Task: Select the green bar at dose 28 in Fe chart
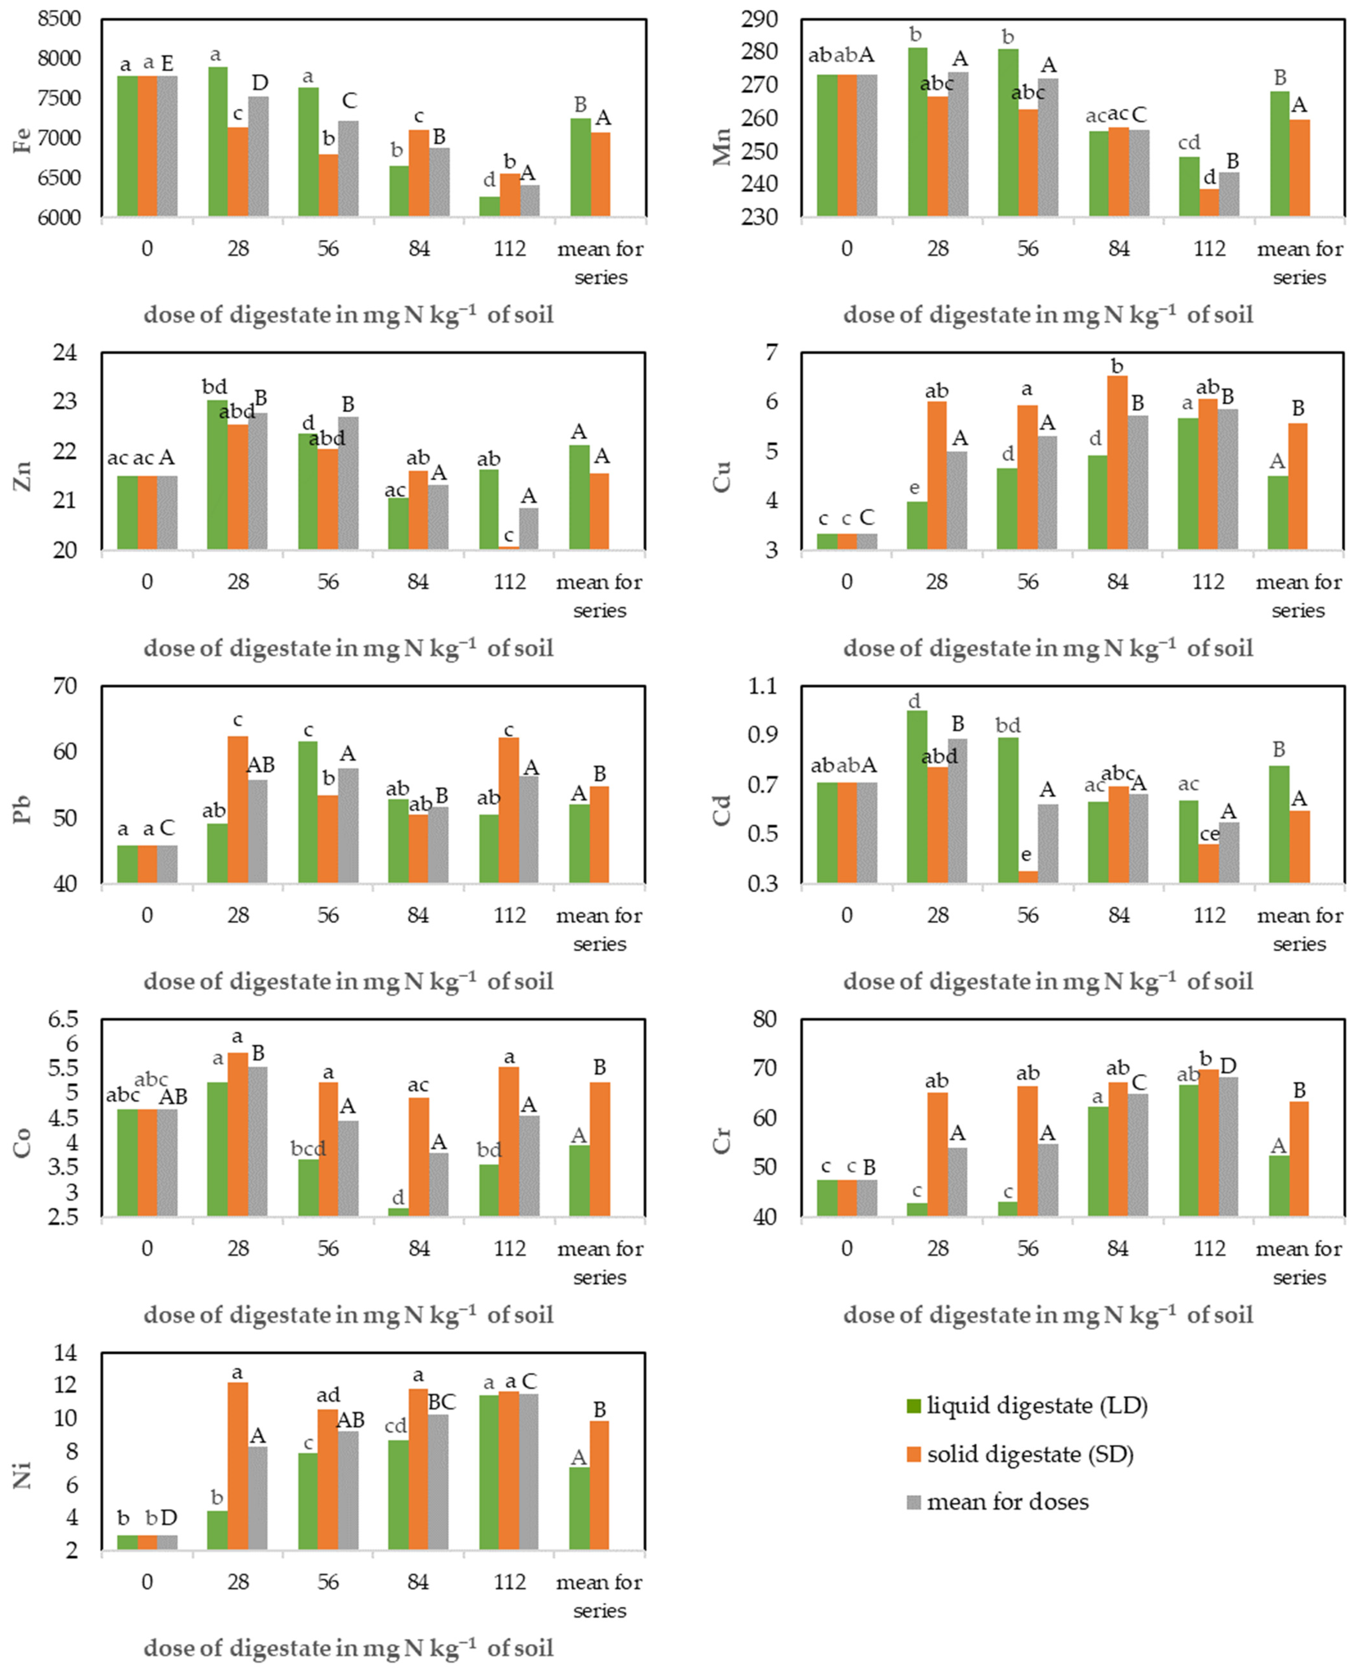(217, 141)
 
